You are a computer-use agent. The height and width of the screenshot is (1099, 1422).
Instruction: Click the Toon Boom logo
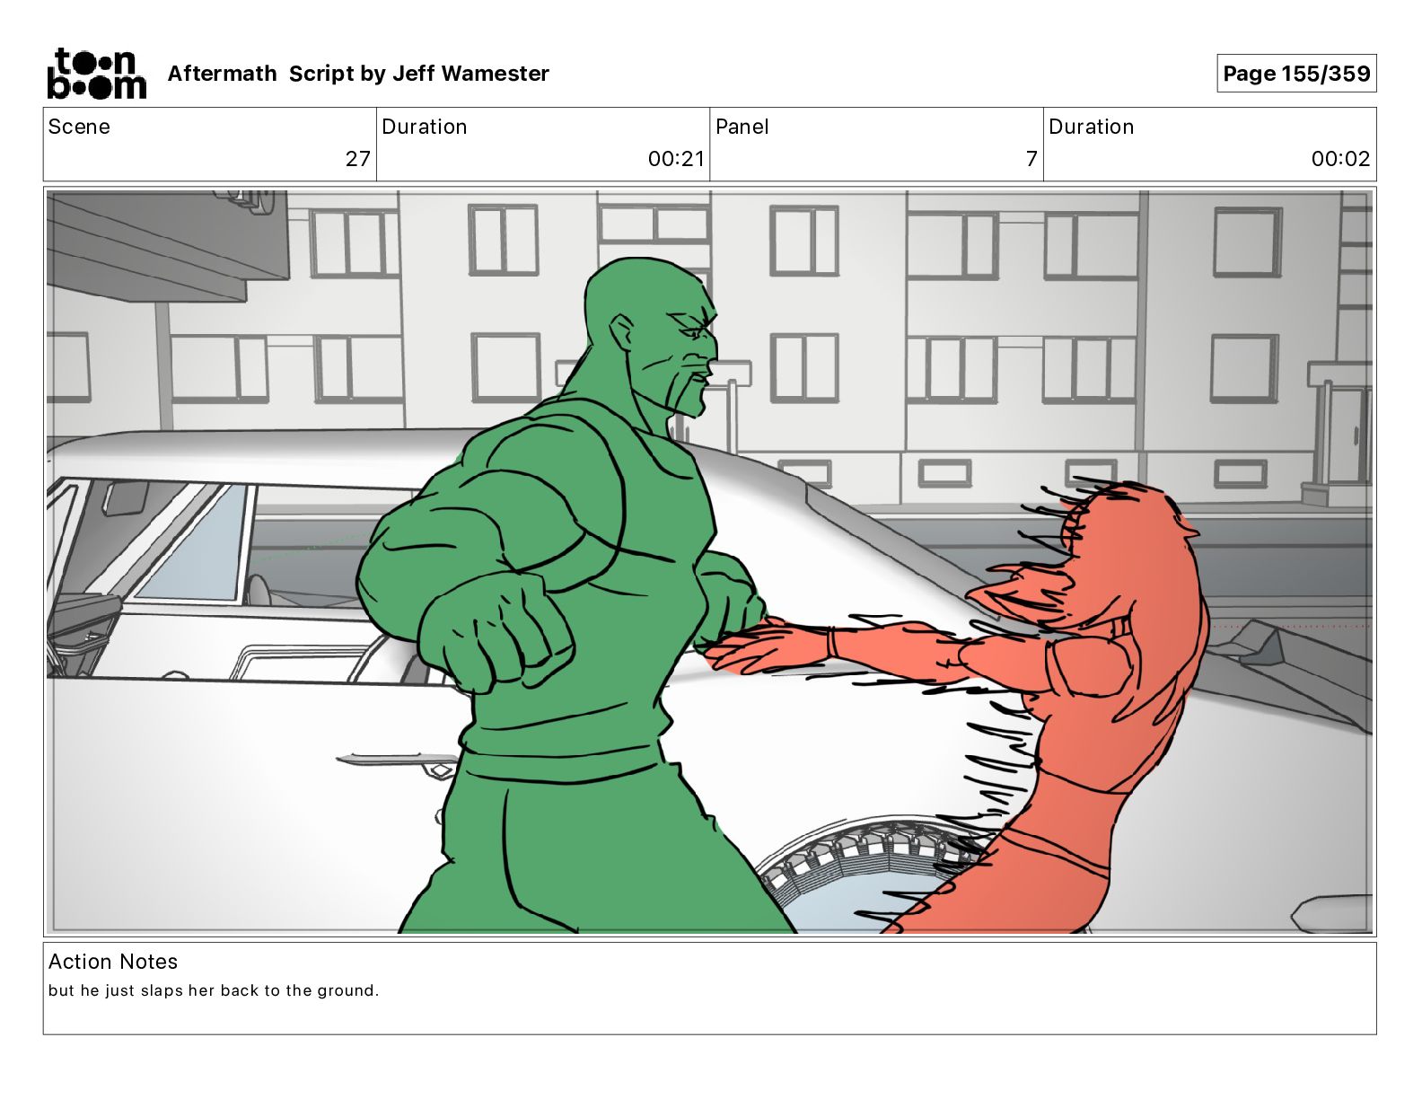pos(96,74)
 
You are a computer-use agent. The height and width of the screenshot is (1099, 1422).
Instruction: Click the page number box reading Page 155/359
pos(1296,74)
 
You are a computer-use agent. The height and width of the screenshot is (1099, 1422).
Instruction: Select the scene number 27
pos(358,159)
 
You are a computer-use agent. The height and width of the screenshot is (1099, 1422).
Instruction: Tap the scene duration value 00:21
pos(676,159)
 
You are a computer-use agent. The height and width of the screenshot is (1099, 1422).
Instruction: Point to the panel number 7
pos(1031,159)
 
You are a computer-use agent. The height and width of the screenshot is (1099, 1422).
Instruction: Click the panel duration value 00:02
pos(1340,159)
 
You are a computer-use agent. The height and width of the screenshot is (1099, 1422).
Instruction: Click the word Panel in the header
pos(742,127)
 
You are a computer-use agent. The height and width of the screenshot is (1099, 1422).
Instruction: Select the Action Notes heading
pos(112,962)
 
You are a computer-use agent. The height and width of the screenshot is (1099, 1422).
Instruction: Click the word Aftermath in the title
pos(222,74)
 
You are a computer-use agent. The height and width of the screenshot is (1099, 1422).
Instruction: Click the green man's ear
pos(621,332)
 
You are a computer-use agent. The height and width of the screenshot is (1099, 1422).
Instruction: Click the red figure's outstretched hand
pos(766,645)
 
